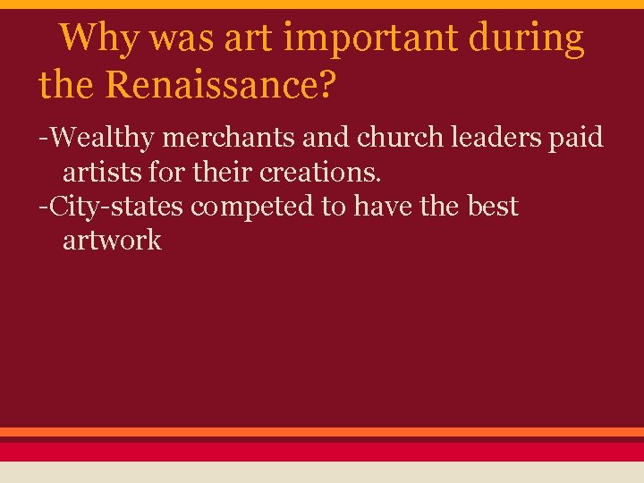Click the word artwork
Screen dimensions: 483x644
click(112, 240)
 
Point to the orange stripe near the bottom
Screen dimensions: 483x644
click(322, 432)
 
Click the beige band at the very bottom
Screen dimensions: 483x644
click(322, 472)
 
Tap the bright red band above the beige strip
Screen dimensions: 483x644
click(322, 452)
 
